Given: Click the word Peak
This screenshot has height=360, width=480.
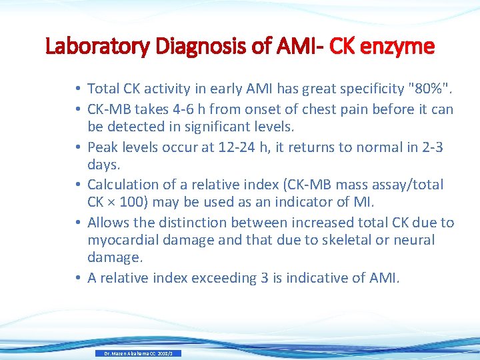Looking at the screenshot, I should (x=102, y=147).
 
